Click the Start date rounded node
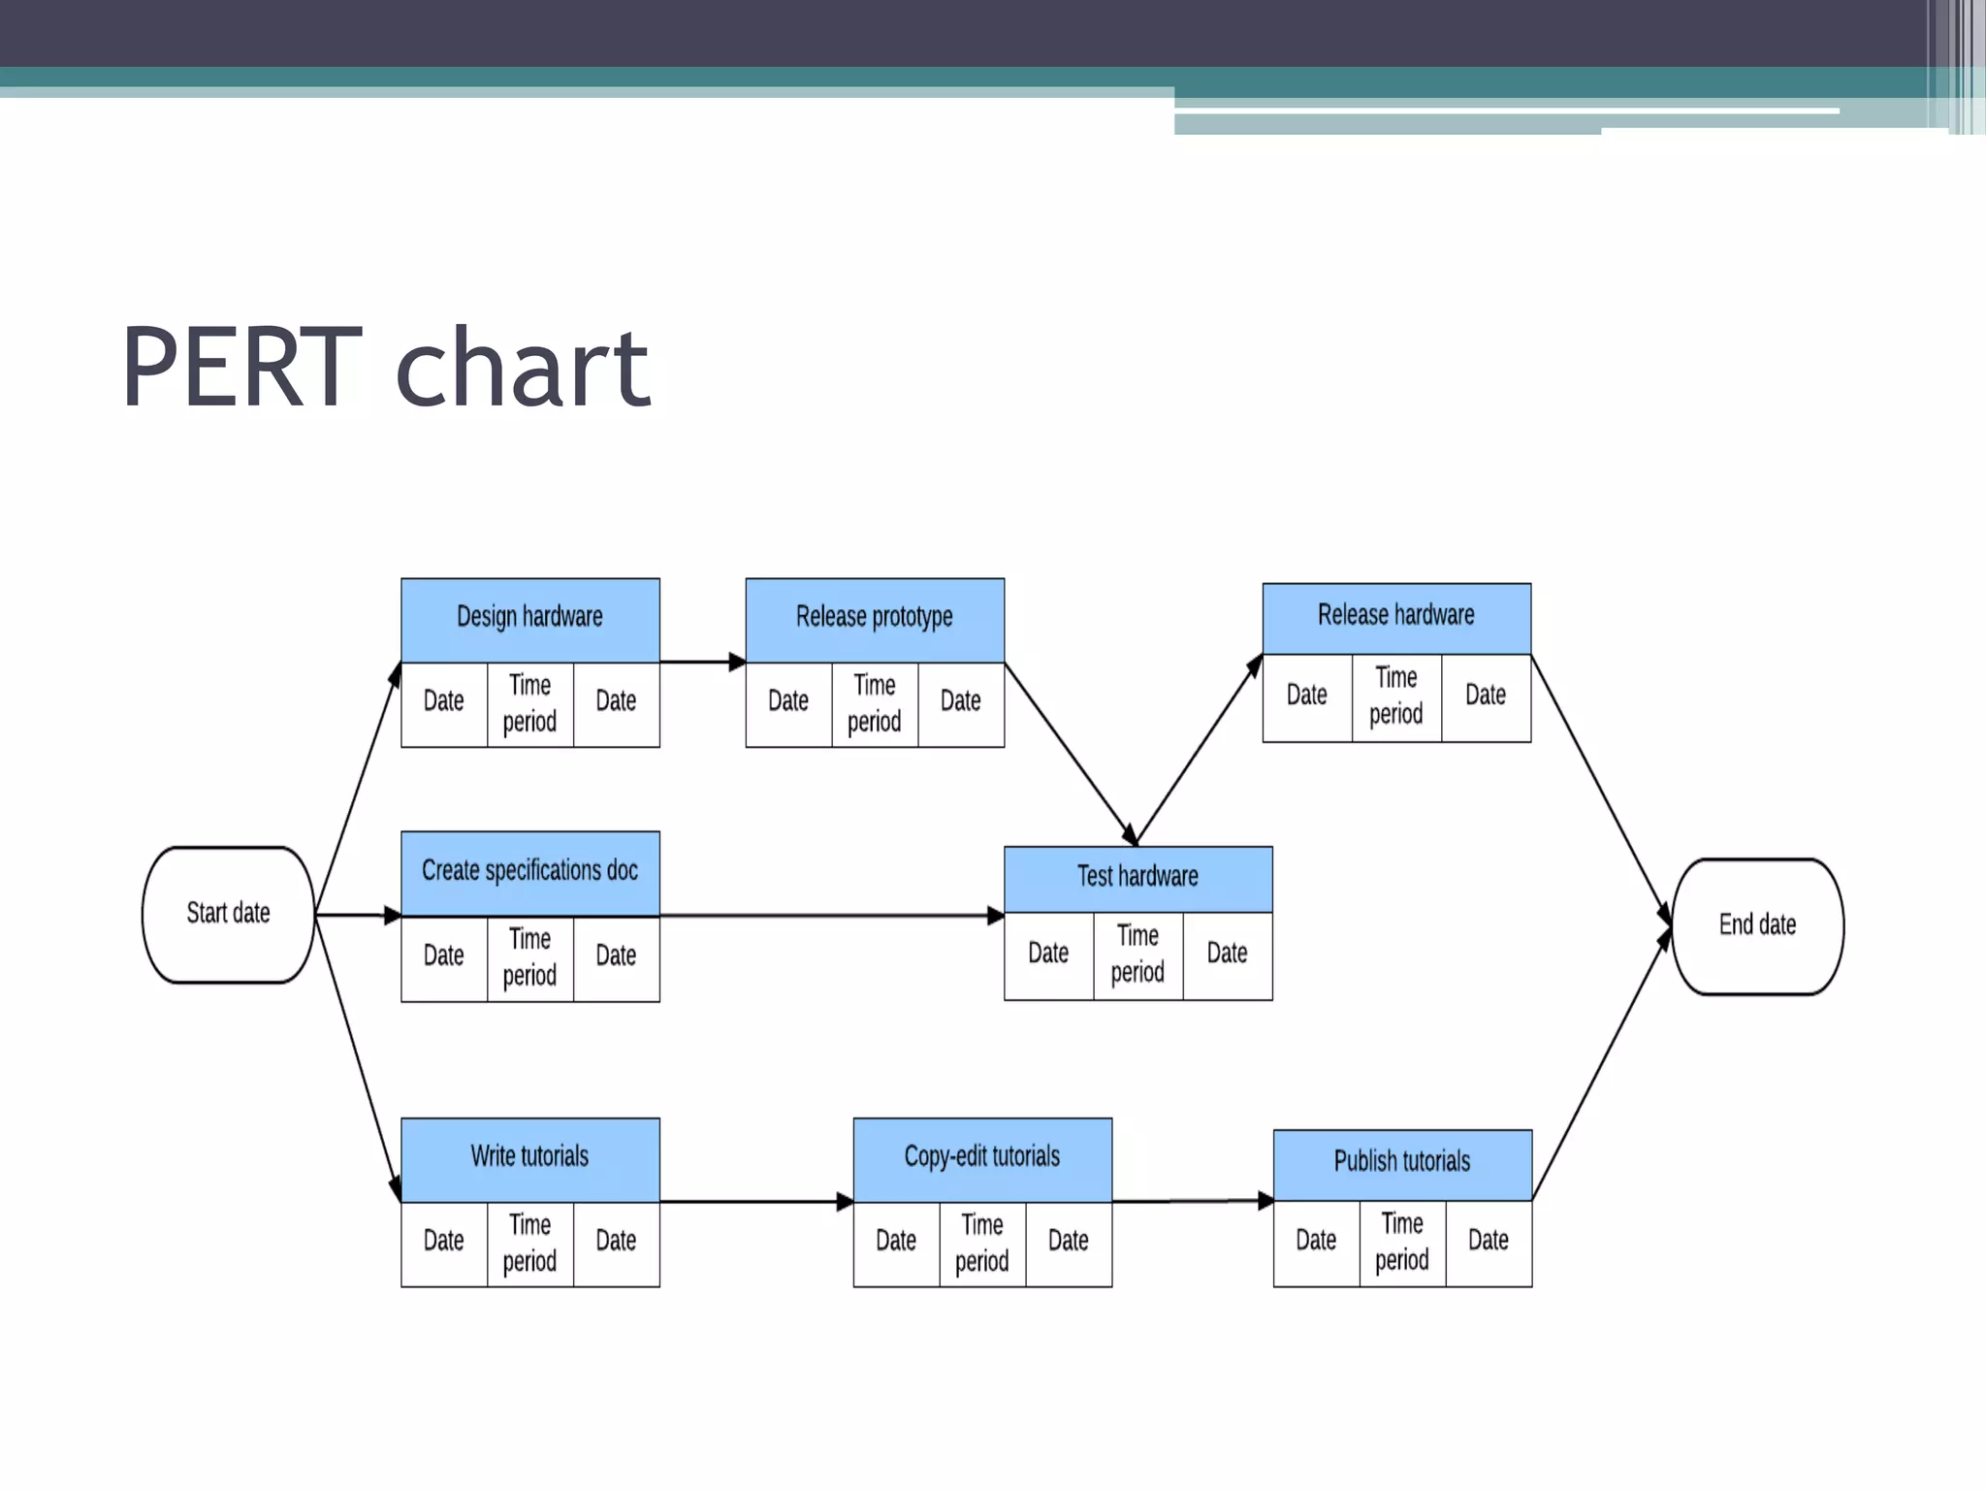tap(228, 914)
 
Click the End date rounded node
tap(1757, 925)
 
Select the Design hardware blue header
tap(529, 619)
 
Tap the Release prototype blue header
tap(874, 619)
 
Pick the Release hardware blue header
tap(1395, 617)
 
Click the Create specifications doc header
tap(529, 871)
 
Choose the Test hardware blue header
tap(1137, 878)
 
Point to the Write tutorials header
tap(529, 1158)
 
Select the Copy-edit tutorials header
tap(981, 1158)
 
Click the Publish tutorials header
tap(1401, 1163)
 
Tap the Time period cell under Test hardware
tap(1137, 955)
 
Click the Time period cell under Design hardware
tap(529, 704)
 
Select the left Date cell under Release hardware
tap(1306, 696)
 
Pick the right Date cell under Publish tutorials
tap(1488, 1242)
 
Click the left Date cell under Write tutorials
tap(443, 1242)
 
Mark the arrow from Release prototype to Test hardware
tap(1069, 753)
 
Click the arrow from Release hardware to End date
tap(1600, 790)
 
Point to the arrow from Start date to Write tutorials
tap(358, 1057)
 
